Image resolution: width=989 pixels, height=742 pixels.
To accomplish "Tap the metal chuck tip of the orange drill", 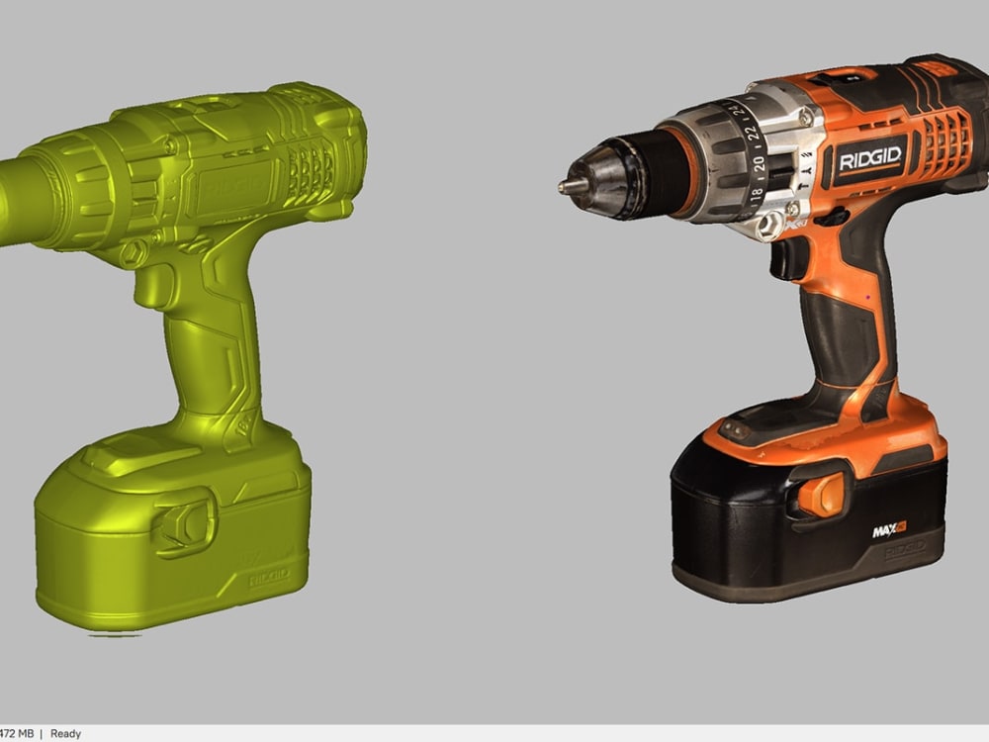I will click(567, 185).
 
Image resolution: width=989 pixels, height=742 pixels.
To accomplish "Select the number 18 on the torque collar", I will click(757, 194).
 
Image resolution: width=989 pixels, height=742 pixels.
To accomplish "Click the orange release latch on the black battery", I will click(823, 493).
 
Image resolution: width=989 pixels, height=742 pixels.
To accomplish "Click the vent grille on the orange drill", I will click(945, 143).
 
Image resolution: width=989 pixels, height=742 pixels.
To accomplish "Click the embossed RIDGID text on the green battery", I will click(268, 575).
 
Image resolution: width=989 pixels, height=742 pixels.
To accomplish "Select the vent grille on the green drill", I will click(311, 171).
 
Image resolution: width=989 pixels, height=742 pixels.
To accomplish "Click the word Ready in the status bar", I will click(65, 734).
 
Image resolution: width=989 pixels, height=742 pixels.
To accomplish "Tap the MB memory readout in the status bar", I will click(15, 734).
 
